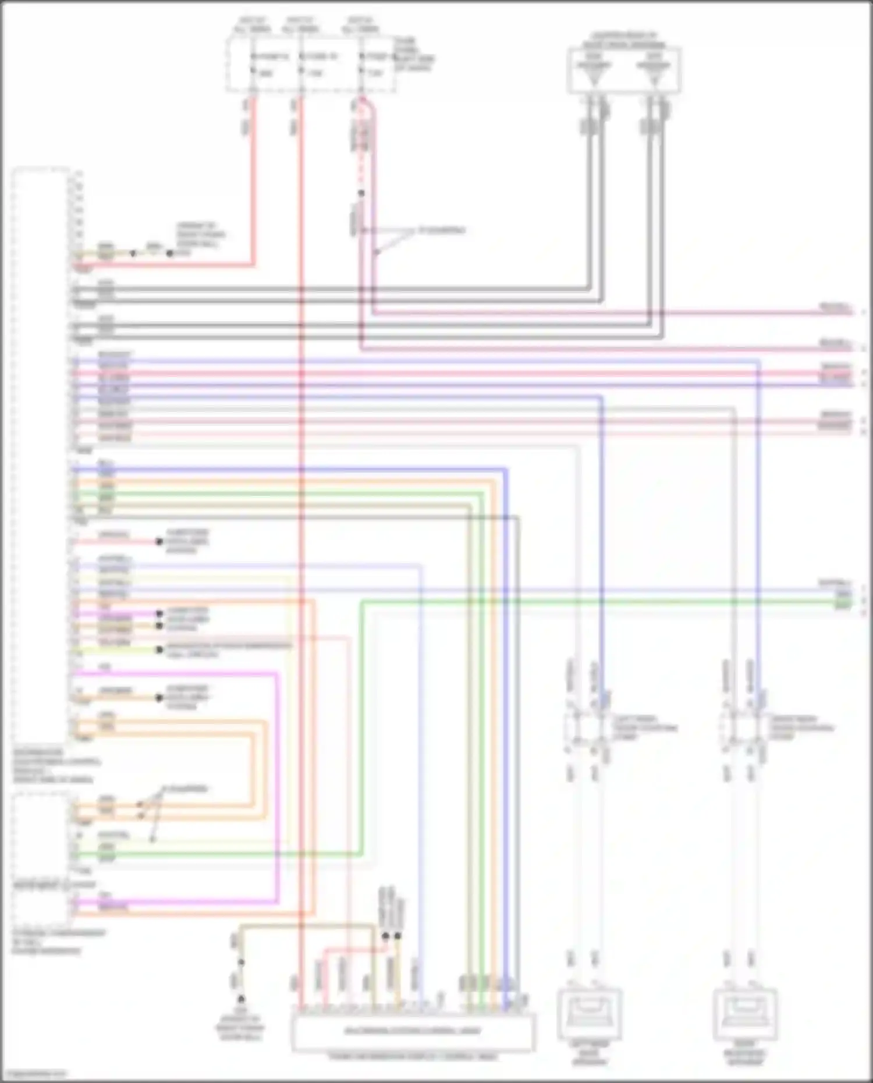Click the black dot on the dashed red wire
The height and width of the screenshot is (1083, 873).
[361, 193]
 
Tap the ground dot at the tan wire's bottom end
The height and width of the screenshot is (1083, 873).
[241, 962]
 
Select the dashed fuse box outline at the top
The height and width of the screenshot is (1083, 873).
[311, 64]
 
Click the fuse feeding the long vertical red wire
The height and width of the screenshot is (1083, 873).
[301, 64]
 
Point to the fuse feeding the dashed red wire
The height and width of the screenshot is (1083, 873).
[361, 64]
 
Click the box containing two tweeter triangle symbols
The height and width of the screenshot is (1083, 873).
[624, 70]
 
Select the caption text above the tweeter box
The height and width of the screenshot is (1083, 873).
[624, 40]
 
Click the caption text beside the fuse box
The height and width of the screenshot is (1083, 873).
[413, 54]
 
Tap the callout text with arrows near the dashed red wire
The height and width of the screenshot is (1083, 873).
[442, 230]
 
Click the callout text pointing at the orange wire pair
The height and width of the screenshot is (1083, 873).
[184, 790]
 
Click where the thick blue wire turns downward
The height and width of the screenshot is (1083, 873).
[505, 469]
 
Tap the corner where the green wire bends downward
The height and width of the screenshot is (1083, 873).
[482, 493]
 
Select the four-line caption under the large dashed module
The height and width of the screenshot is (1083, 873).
[55, 766]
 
